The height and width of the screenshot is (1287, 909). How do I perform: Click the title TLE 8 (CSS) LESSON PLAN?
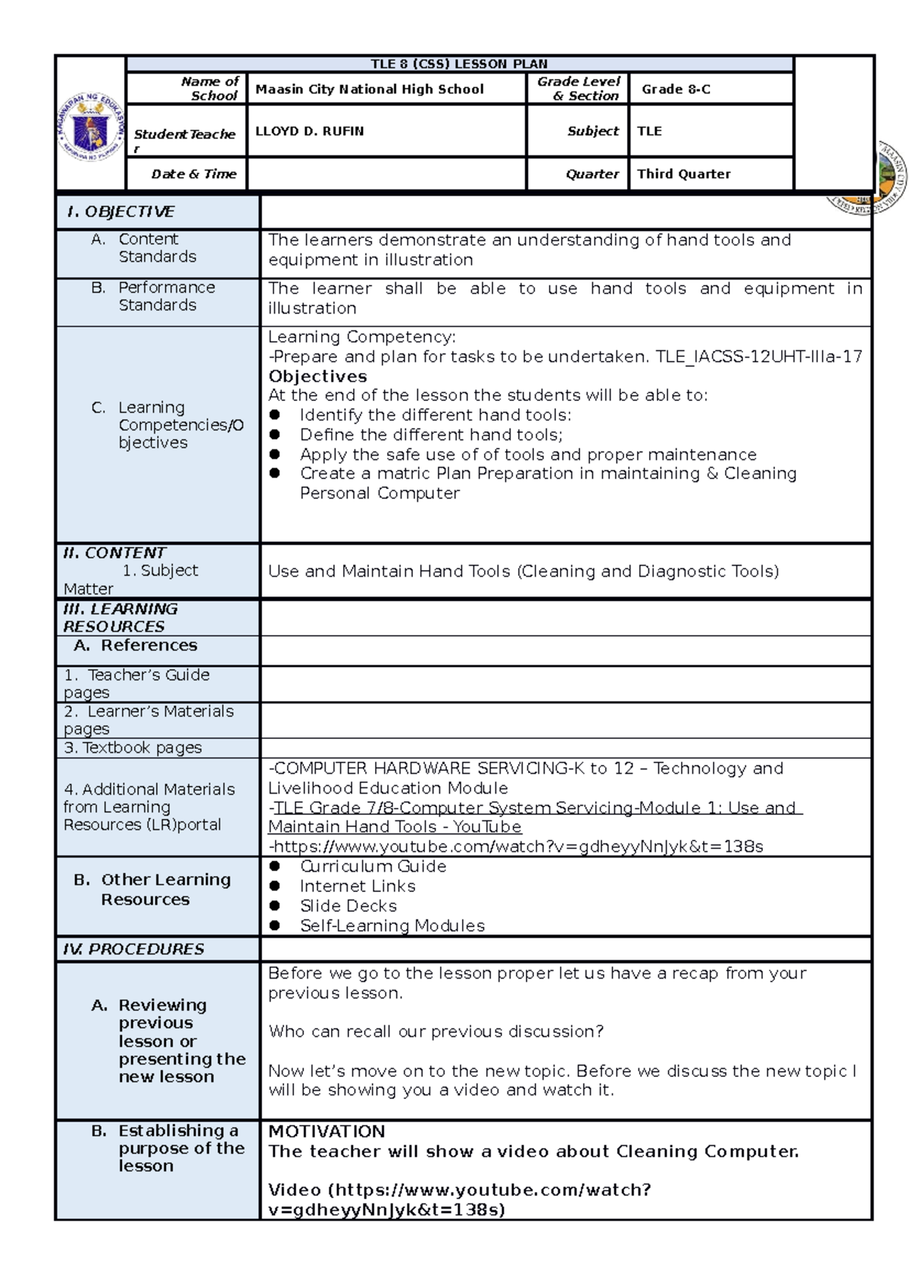point(459,64)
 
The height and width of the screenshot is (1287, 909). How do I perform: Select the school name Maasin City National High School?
point(370,89)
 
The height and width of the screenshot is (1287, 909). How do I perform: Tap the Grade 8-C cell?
point(676,89)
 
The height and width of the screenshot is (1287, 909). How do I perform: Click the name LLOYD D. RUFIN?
point(310,131)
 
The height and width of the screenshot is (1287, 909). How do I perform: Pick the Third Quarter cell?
point(683,174)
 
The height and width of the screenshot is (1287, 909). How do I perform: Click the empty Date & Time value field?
point(386,174)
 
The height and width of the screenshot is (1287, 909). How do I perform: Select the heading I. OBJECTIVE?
point(121,212)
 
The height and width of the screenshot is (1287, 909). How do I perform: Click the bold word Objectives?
point(317,377)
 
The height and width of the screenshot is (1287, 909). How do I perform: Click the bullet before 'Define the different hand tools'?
point(275,435)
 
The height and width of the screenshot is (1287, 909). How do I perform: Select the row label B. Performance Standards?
point(158,296)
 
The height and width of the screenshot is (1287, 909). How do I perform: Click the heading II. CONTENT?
point(114,553)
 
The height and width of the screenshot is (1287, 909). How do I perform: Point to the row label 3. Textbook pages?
point(133,748)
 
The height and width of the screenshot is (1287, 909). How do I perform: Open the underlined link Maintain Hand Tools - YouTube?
point(395,827)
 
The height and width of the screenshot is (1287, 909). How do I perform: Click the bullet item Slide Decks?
point(348,906)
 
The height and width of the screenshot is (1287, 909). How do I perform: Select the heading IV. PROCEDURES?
point(134,950)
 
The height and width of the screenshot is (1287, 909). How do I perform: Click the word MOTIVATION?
point(326,1132)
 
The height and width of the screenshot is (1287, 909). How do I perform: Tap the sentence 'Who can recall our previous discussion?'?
point(436,1032)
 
